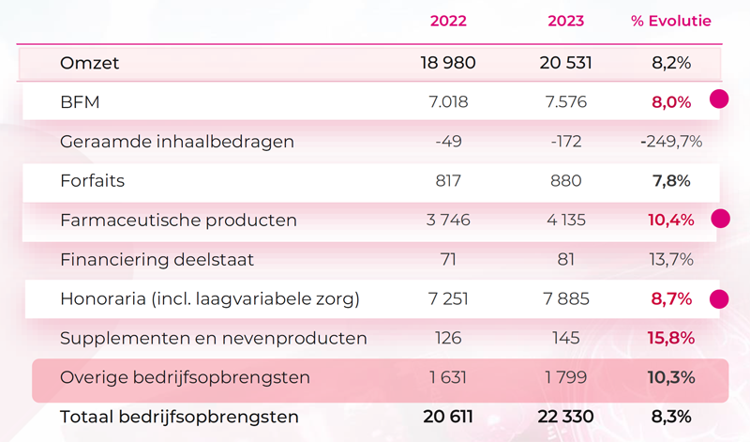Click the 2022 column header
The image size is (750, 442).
coord(448,21)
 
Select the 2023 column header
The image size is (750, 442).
coord(565,21)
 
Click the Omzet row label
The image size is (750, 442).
coord(90,64)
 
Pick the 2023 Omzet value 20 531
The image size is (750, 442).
coord(565,64)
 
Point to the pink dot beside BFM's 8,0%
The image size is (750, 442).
coord(719,99)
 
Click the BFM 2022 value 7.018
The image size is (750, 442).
coord(448,102)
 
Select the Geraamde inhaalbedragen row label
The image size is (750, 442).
coord(177,142)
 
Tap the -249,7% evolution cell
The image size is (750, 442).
coord(670,142)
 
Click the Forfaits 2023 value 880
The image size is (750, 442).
coord(565,180)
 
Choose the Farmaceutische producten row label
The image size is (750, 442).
coord(178,221)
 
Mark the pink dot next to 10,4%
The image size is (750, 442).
coord(719,219)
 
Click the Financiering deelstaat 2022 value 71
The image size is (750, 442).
coord(448,260)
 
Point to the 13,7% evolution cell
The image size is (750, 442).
coord(670,260)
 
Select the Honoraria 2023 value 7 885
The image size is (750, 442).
coord(565,299)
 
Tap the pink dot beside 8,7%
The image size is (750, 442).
coord(719,299)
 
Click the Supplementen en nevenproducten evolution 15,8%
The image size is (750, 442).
coord(670,338)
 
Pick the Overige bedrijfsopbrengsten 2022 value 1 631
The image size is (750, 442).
coord(448,377)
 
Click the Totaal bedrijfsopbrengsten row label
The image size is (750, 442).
coord(179,417)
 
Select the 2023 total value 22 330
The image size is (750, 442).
coord(565,417)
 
